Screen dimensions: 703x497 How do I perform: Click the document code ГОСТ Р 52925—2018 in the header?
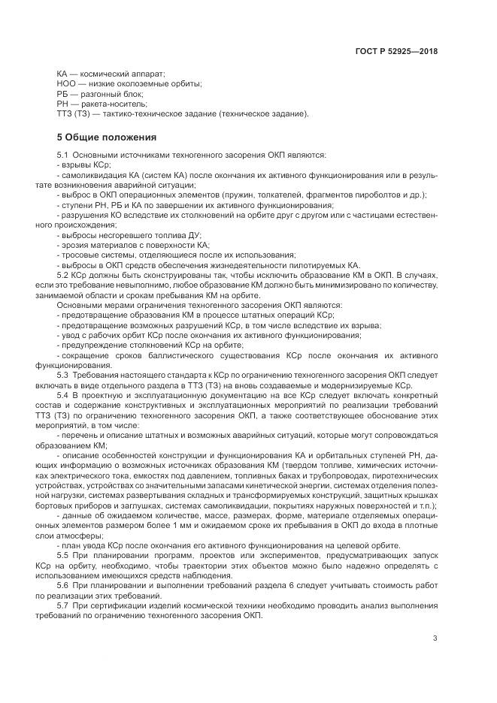[396, 52]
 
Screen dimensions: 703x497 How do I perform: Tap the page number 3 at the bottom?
[435, 638]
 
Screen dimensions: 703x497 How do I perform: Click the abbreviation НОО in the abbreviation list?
[66, 84]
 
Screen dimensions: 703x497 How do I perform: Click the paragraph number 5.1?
[62, 155]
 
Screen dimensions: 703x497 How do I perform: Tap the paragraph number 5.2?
[62, 276]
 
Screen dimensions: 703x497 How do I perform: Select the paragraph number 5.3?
[62, 373]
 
